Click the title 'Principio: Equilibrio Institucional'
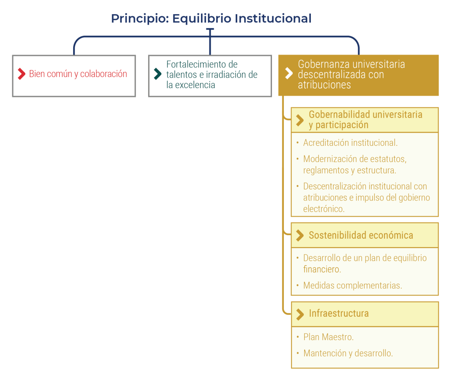(211, 18)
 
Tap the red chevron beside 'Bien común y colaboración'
(21, 74)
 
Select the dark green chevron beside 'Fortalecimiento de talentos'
(157, 74)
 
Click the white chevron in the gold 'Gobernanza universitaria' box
(289, 74)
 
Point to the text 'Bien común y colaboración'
(78, 74)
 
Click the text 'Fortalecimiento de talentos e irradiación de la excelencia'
(212, 74)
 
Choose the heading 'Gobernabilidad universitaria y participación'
(365, 120)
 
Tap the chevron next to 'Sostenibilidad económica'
(300, 235)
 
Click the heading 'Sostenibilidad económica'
(361, 235)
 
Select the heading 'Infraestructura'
(339, 314)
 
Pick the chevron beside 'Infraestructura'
(300, 314)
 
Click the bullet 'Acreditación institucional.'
(350, 143)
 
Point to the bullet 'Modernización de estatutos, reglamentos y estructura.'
(354, 164)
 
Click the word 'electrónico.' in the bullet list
(324, 209)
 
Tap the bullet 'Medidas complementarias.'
(352, 285)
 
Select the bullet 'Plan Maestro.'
(328, 337)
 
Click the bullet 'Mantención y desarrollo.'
(348, 353)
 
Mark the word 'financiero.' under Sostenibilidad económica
(322, 269)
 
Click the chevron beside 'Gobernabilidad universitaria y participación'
(300, 120)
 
